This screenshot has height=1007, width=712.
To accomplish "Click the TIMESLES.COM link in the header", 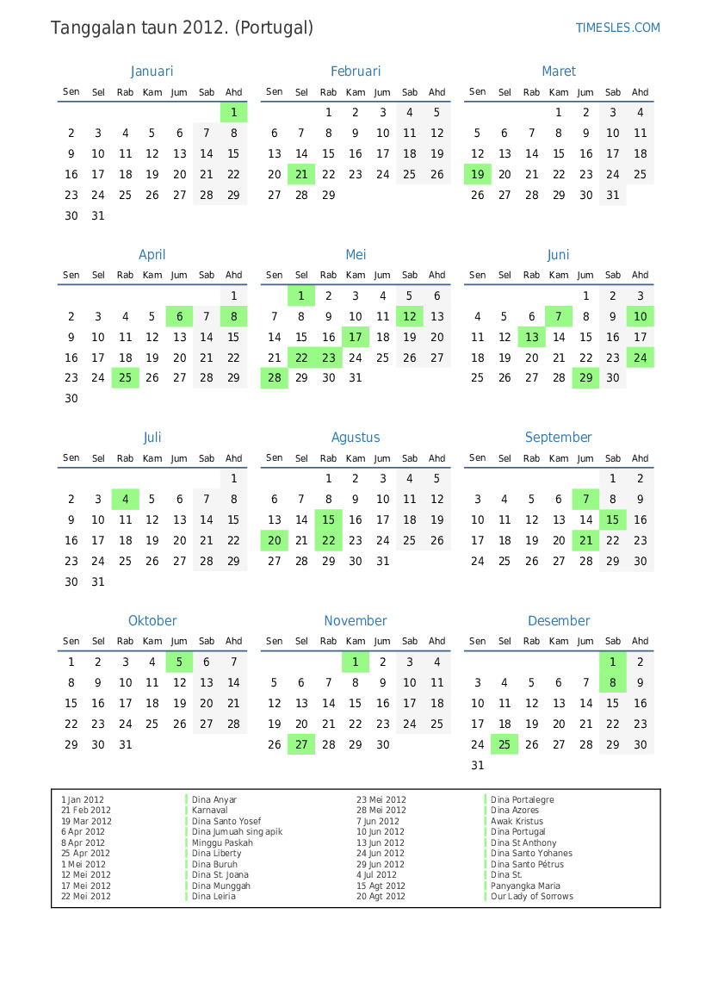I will click(x=617, y=28).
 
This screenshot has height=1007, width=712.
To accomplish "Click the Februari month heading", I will click(x=355, y=71).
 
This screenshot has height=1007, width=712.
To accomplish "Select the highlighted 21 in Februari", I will click(x=301, y=175).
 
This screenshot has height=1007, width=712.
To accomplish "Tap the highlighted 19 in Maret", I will click(x=478, y=175).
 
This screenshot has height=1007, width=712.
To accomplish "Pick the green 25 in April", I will click(x=126, y=378).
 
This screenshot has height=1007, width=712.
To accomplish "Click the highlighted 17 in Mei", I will click(x=356, y=338).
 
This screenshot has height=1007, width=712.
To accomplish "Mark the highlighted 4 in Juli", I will click(x=126, y=500).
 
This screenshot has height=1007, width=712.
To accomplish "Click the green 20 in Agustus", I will click(x=275, y=541).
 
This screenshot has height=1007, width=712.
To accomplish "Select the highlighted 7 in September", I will click(x=586, y=500).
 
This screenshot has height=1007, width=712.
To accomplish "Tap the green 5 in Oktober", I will click(x=179, y=662).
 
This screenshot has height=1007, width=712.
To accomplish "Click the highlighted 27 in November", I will click(x=301, y=745).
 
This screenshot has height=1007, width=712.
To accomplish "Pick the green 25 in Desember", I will click(x=505, y=745).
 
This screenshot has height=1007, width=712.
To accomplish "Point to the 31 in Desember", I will click(x=478, y=766).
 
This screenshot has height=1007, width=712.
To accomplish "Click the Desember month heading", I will click(x=559, y=621).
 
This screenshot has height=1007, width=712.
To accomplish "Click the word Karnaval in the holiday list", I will click(x=210, y=811).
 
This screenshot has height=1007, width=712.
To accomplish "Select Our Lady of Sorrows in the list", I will click(x=531, y=897).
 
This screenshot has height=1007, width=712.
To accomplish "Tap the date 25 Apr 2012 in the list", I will click(x=85, y=854).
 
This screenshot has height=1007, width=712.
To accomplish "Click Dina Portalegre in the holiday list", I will click(x=522, y=800).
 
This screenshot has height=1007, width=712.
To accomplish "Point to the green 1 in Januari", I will click(x=233, y=113).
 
